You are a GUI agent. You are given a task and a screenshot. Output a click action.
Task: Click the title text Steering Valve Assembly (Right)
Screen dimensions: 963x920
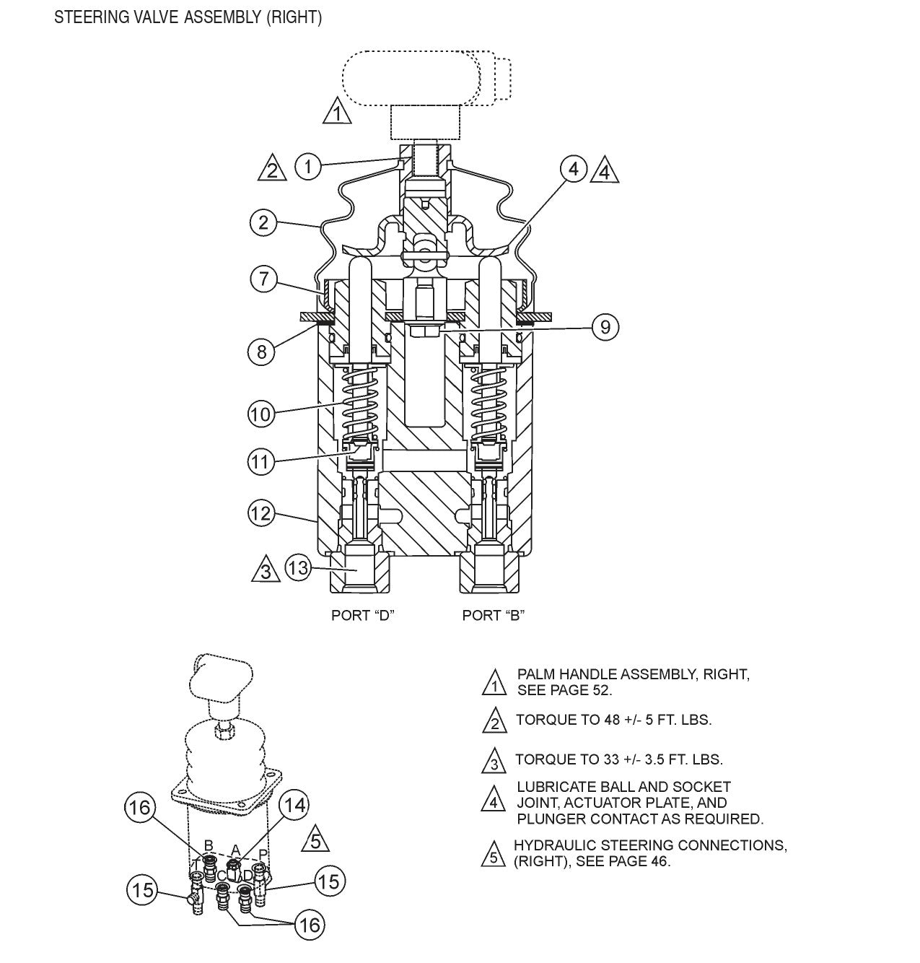(x=188, y=17)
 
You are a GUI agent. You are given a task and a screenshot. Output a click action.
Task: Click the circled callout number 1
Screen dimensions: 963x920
(x=307, y=167)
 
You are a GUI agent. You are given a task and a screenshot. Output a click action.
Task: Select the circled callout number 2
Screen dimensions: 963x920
(x=263, y=222)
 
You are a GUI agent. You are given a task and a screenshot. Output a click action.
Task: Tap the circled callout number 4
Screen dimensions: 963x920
(x=573, y=170)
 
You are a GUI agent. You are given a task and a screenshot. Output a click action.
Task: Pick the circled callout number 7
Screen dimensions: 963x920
(x=264, y=279)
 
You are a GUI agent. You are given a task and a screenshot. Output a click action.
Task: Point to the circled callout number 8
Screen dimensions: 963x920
(x=262, y=352)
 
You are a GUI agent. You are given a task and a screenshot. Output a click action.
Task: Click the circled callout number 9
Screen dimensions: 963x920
(x=605, y=328)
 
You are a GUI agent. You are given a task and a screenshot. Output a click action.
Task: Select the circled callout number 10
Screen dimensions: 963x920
(x=262, y=414)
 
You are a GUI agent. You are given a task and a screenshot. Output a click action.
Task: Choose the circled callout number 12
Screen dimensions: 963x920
(x=261, y=513)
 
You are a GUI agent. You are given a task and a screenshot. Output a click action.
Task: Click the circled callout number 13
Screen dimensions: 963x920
(x=298, y=568)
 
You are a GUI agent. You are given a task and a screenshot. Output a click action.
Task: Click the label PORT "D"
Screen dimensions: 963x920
(x=363, y=615)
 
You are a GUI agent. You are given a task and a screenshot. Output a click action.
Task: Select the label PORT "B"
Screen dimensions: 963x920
(x=494, y=615)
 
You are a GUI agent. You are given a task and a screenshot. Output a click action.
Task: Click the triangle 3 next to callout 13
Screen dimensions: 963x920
(x=266, y=570)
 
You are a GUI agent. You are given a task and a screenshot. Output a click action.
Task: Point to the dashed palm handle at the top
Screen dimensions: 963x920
(x=411, y=78)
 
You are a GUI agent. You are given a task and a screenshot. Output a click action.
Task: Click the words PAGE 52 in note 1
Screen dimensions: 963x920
(x=584, y=690)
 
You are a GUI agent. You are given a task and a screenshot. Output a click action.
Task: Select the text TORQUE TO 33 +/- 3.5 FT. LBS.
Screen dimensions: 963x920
(x=618, y=759)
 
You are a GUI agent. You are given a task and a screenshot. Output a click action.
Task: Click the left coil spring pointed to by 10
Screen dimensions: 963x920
(x=359, y=401)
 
